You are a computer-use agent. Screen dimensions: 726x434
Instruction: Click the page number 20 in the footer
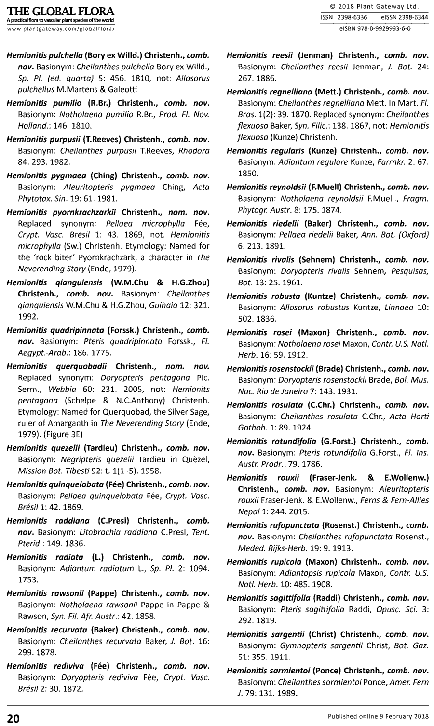(x=13, y=718)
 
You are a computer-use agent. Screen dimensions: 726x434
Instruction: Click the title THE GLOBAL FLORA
(x=61, y=11)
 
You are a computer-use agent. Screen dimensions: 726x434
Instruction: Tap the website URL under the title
(x=61, y=29)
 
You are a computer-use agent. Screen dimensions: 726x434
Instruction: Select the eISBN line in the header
(x=374, y=28)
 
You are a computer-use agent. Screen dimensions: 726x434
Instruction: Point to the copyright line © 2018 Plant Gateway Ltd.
(x=374, y=6)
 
